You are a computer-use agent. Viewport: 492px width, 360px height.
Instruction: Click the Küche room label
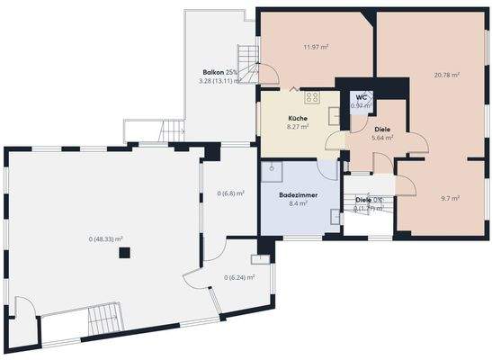(x=299, y=119)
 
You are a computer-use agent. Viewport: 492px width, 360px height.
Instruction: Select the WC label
(x=361, y=97)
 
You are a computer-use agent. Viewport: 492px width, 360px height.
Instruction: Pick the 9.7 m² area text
(x=452, y=198)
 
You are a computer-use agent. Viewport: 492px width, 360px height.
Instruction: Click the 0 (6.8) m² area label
(x=231, y=193)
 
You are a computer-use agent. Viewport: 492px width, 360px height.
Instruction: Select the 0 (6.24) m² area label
(x=239, y=277)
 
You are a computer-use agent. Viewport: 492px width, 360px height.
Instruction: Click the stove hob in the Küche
(x=313, y=97)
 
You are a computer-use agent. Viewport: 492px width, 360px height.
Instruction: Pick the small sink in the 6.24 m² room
(x=262, y=259)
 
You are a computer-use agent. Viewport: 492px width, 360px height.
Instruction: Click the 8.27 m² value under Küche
(x=299, y=128)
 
